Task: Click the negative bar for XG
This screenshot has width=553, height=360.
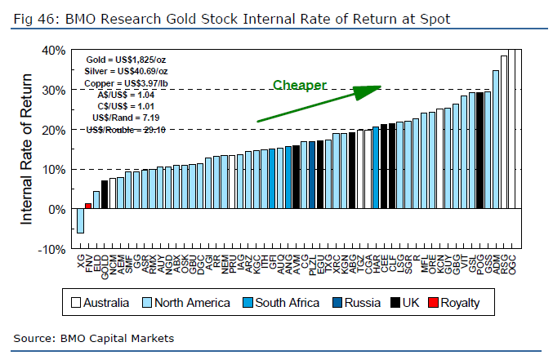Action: [80, 221]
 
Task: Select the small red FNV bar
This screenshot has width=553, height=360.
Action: [88, 206]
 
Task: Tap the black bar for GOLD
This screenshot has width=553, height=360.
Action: [105, 195]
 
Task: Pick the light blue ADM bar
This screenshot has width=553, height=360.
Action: [495, 140]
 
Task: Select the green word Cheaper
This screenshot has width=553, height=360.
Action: [300, 86]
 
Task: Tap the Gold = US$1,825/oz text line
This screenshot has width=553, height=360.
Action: [126, 60]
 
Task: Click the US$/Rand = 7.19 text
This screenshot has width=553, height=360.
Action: [131, 118]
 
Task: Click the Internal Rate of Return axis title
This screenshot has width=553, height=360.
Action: [27, 150]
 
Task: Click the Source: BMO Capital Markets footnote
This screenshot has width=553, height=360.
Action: [94, 337]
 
